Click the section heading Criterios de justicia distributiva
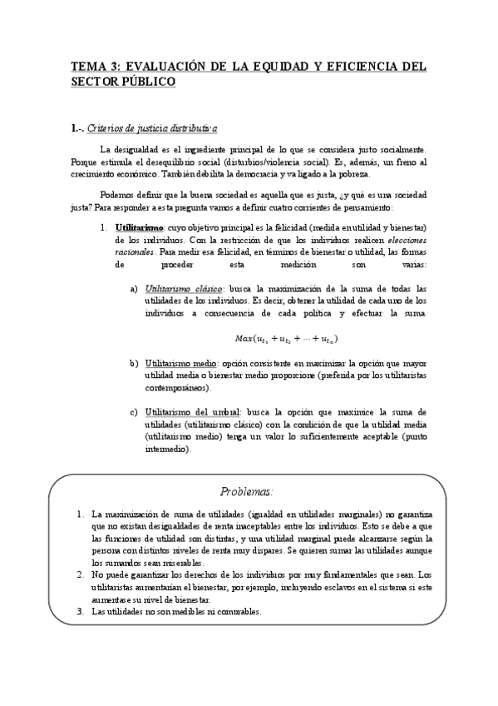(152, 128)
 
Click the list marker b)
(133, 364)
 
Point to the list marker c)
(133, 412)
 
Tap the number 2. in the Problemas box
(80, 574)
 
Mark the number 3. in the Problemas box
(80, 611)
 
